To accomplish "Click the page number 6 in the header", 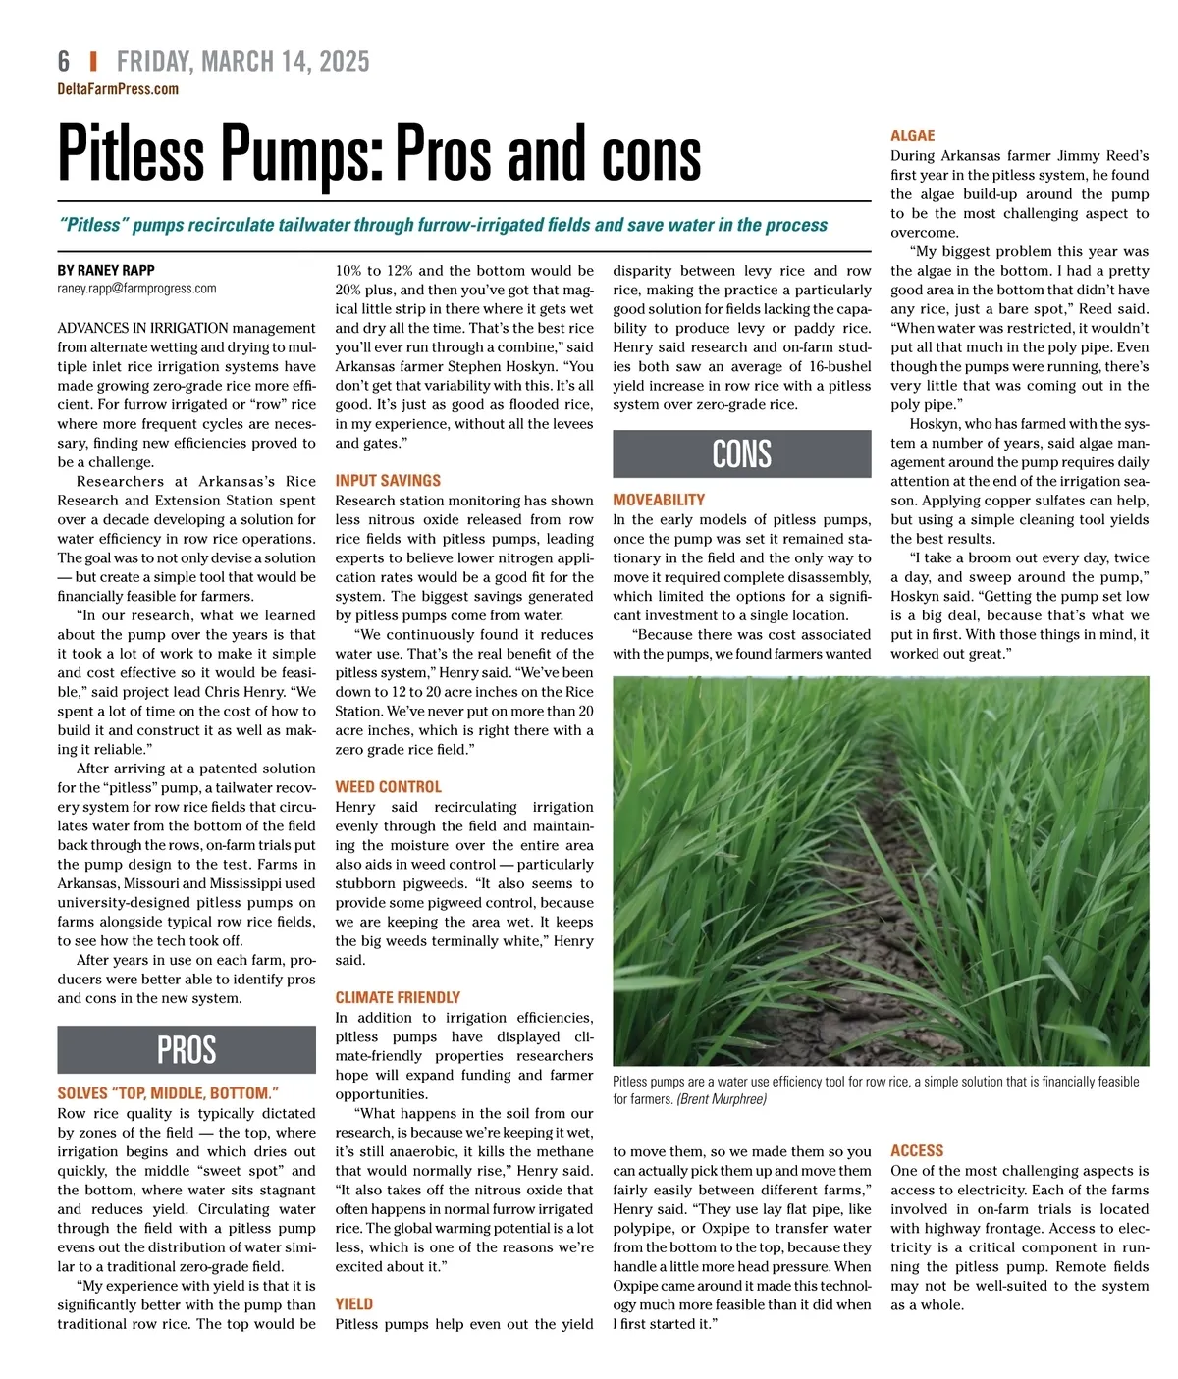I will [x=64, y=62].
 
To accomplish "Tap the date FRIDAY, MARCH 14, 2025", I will [x=242, y=62].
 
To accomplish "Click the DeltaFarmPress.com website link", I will [x=118, y=89].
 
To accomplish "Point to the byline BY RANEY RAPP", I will [x=106, y=270].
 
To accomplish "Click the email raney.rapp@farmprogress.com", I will [x=136, y=289].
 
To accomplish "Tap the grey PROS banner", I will [x=187, y=1049].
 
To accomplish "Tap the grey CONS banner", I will [x=741, y=453].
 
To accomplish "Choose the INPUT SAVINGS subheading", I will [x=388, y=481].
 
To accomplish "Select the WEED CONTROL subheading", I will [x=388, y=787].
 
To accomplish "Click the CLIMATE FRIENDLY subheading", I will [x=398, y=997].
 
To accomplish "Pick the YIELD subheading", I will [x=353, y=1303].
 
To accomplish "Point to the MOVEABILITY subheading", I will [x=659, y=500].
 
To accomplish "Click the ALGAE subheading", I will [x=912, y=135].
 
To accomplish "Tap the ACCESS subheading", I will [x=917, y=1150].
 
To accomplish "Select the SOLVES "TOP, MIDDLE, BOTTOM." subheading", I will [x=168, y=1093].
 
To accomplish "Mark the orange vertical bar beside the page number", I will [x=93, y=62].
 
